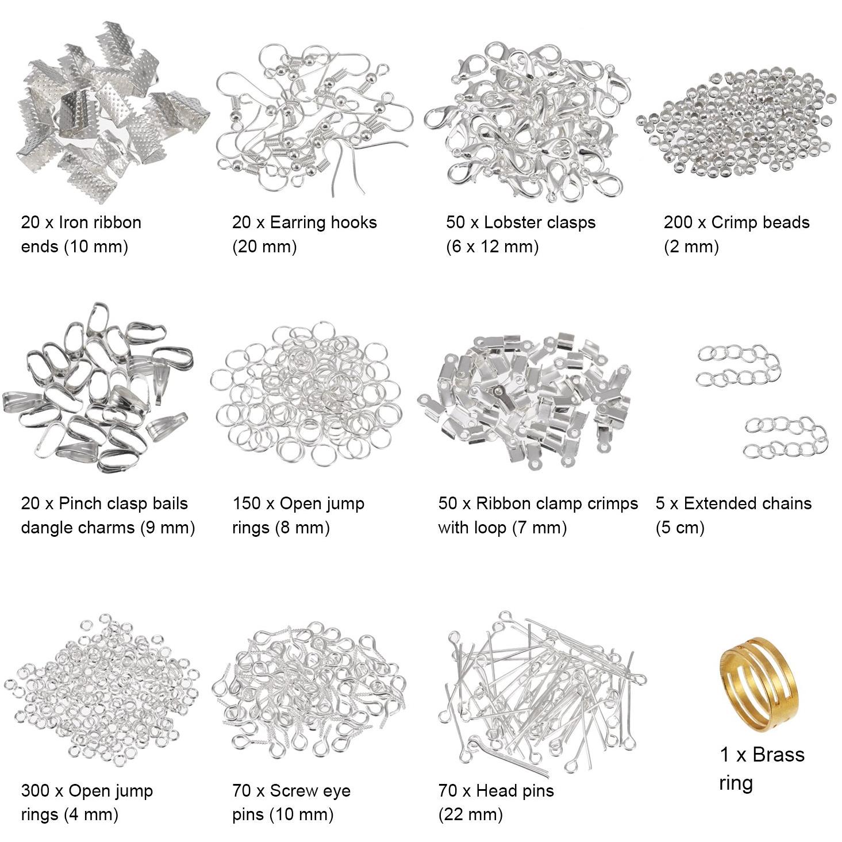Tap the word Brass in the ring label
(779, 755)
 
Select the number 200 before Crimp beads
(678, 222)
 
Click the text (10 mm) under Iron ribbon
(96, 247)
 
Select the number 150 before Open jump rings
(247, 503)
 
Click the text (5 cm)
(680, 528)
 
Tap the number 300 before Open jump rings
(36, 791)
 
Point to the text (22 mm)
(471, 815)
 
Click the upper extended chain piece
(739, 366)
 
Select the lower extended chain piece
(786, 437)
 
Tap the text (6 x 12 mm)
(492, 247)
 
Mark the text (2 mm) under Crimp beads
(691, 247)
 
